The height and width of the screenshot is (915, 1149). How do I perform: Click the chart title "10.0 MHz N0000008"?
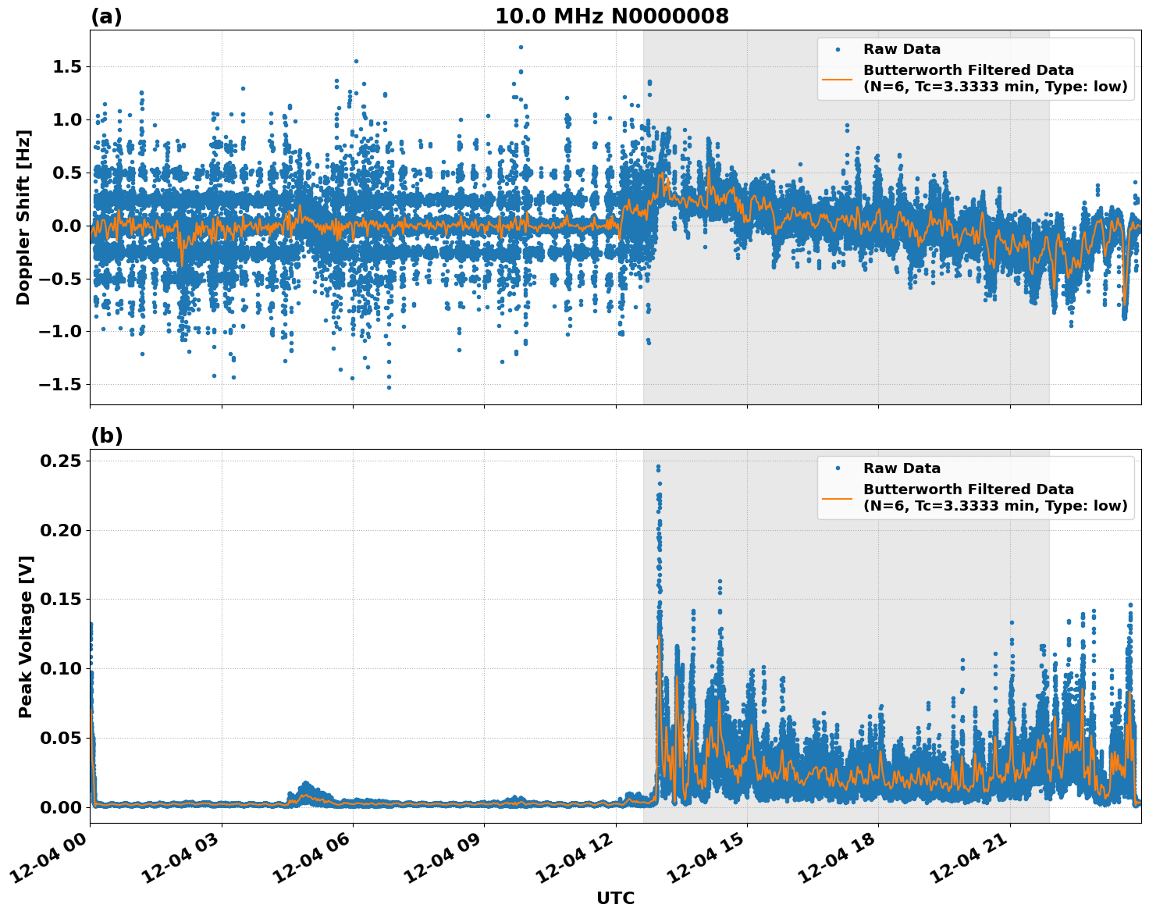(x=611, y=16)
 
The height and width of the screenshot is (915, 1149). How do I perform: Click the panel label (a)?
(x=106, y=16)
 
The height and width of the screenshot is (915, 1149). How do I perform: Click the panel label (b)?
(x=106, y=436)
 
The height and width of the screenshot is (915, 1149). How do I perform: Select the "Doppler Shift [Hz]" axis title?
(x=23, y=217)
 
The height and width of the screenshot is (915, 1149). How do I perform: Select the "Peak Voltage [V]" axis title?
(x=25, y=636)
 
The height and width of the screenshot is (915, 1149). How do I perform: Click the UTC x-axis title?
(x=615, y=898)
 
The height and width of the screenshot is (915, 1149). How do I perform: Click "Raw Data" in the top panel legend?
(x=902, y=49)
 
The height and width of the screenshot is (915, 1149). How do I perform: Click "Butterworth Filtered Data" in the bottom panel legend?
(x=968, y=490)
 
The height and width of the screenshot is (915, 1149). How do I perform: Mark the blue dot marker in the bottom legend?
(x=838, y=468)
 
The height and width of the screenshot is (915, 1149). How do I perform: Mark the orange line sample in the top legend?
(x=838, y=78)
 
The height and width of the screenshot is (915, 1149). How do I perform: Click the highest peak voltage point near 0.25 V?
(x=658, y=467)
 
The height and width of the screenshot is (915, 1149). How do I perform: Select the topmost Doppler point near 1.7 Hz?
(x=521, y=47)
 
